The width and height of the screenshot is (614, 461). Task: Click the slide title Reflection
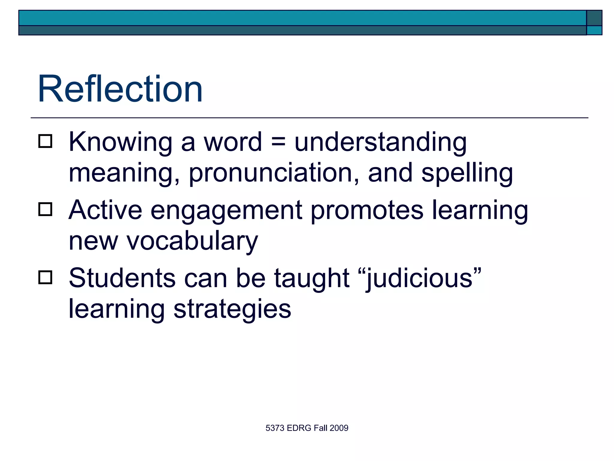[x=120, y=89]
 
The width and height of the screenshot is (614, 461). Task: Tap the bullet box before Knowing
[x=45, y=141]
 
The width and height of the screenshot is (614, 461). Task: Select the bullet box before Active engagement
[x=45, y=209]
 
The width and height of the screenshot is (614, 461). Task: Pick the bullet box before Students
[x=45, y=277]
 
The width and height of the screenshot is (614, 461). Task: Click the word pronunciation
[x=270, y=173]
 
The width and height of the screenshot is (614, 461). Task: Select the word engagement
[x=226, y=211]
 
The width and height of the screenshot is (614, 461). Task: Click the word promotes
[x=367, y=211]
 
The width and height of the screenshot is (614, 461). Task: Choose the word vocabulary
[x=192, y=242]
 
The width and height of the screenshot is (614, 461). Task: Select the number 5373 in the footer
[x=275, y=428]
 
